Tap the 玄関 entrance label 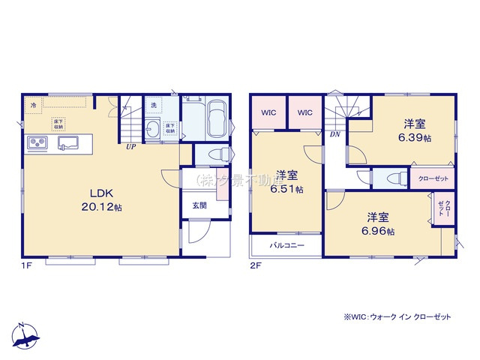click(x=199, y=205)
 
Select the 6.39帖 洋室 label click(x=414, y=130)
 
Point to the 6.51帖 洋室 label click(x=288, y=182)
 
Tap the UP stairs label click(x=130, y=147)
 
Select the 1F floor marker click(x=27, y=265)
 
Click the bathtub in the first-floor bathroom click(x=215, y=119)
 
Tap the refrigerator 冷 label click(x=33, y=106)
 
